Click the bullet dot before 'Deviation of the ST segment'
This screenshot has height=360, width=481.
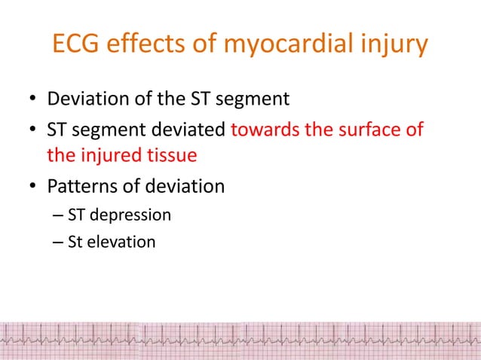pos(34,101)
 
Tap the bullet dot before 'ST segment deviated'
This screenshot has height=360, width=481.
pos(34,130)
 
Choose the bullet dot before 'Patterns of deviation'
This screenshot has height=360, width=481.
pos(34,186)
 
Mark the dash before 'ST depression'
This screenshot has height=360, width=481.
pos(59,216)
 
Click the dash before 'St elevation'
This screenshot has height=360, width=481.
pos(59,243)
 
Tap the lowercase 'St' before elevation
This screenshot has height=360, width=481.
pos(75,243)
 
